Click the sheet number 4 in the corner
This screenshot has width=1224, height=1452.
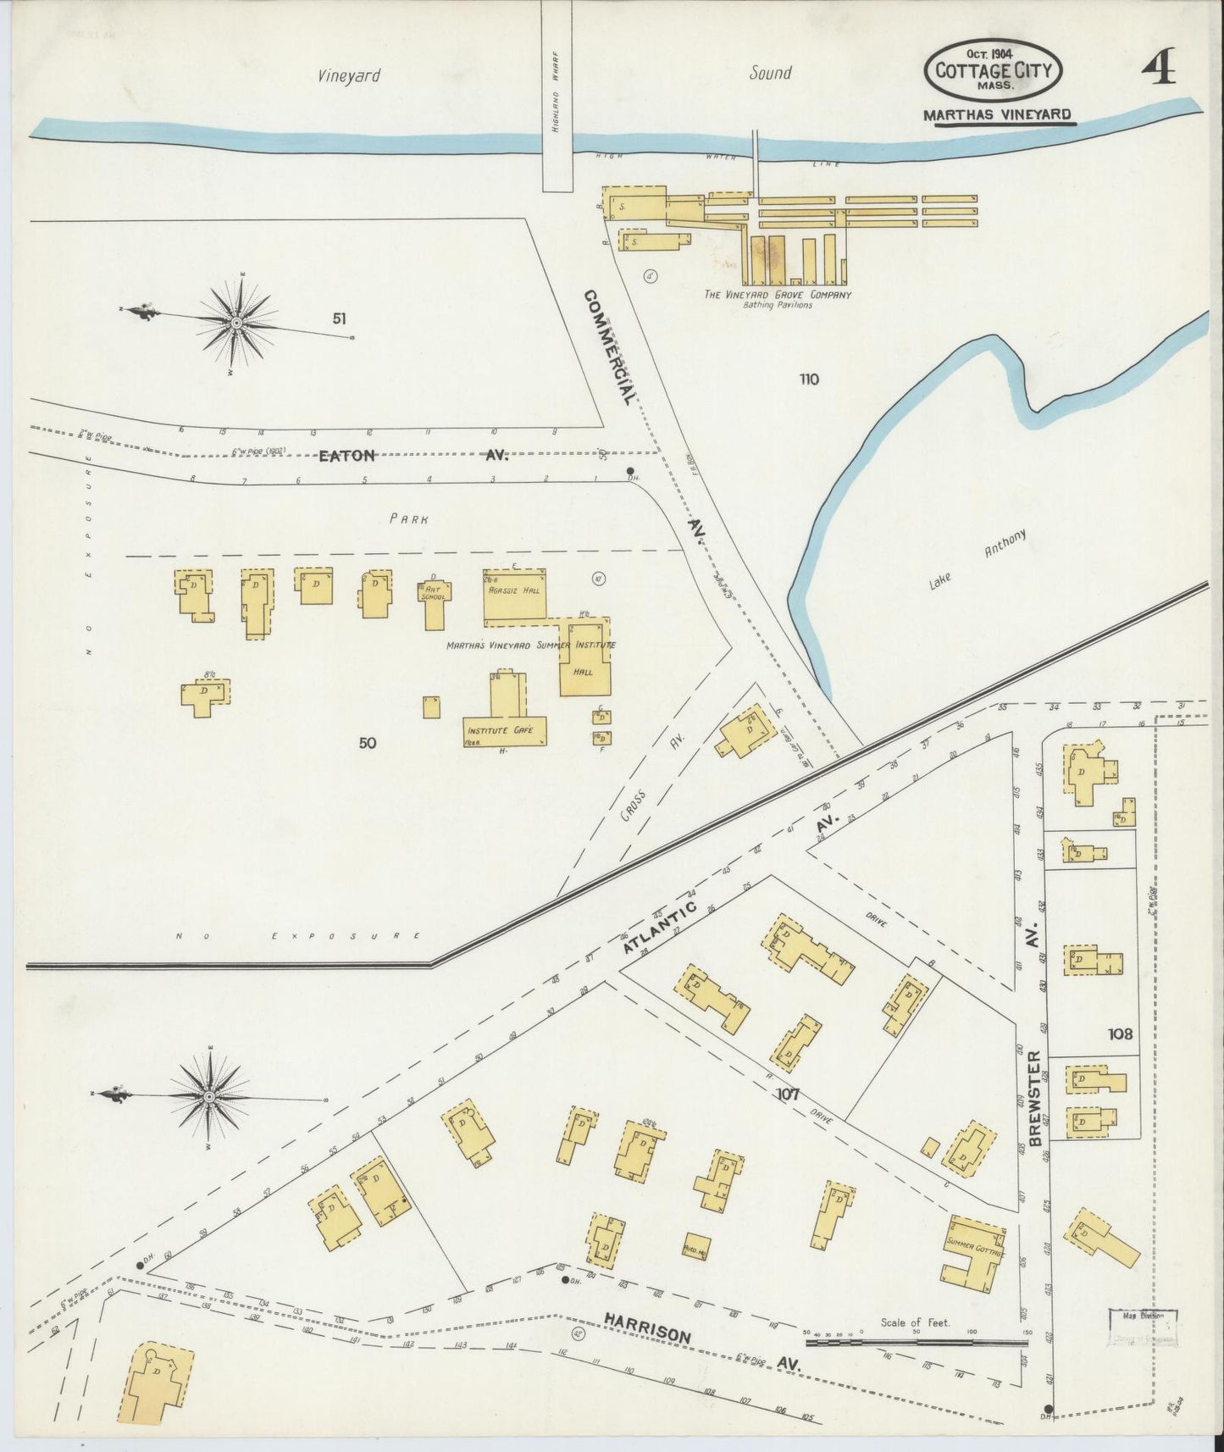coord(1158,69)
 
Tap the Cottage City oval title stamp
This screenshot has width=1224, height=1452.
coord(993,70)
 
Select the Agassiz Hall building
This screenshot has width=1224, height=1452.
coord(514,589)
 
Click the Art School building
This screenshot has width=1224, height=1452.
coord(435,602)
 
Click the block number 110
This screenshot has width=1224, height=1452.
coord(808,379)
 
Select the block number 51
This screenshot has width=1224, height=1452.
coord(340,319)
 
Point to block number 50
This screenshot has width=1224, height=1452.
coord(367,743)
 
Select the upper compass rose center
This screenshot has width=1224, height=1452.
coord(237,323)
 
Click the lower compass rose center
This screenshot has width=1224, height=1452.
coord(208,1097)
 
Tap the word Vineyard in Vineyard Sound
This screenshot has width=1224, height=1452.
coord(349,75)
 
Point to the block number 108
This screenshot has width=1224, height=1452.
coord(1119,1034)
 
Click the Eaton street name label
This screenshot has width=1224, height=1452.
coord(346,456)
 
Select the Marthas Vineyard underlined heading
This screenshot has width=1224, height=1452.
coord(997,114)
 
